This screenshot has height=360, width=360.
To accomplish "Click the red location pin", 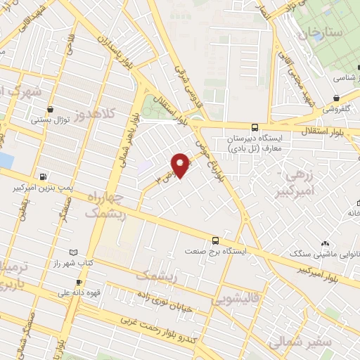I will click(x=181, y=165).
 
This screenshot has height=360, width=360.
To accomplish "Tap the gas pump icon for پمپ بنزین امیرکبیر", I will click(x=44, y=176).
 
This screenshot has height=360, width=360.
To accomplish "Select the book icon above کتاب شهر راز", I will click(x=73, y=251).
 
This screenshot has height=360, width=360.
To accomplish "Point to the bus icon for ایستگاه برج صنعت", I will click(x=216, y=240).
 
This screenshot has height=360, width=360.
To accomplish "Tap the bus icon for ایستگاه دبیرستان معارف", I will click(x=254, y=128).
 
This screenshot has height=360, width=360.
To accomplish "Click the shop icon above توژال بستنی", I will click(x=51, y=109).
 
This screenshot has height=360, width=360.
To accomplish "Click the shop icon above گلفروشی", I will click(x=337, y=98).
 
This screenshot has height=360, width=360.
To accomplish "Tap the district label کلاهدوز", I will click(x=105, y=115).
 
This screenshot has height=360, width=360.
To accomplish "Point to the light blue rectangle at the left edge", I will click(x=5, y=160).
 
